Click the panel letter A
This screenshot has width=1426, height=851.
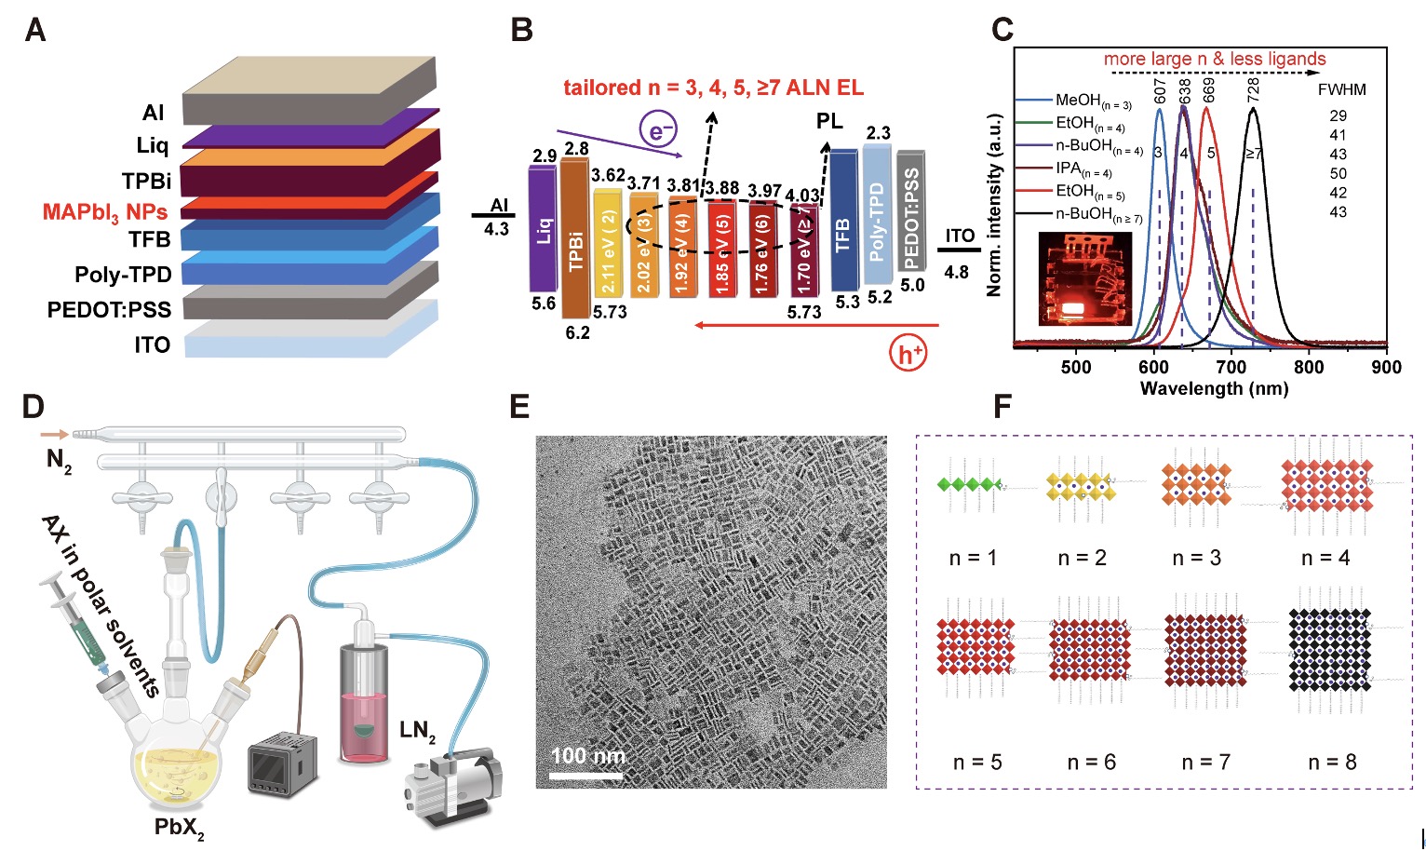[35, 30]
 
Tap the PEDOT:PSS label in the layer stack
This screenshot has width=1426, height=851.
[109, 309]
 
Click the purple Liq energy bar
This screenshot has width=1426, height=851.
[543, 229]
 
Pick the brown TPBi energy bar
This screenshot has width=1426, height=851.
[576, 239]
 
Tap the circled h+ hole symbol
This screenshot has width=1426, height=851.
[908, 354]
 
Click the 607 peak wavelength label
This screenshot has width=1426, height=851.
[1160, 90]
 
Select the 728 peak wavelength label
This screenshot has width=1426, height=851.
[1254, 90]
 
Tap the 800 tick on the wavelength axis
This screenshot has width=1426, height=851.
[1309, 367]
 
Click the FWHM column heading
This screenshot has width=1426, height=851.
[1342, 90]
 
